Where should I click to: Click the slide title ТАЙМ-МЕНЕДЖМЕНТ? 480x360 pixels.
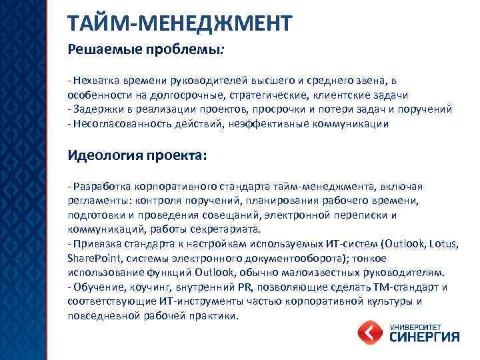(x=179, y=23)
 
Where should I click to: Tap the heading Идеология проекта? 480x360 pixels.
(x=137, y=155)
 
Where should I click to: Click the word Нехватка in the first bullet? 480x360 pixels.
(x=95, y=81)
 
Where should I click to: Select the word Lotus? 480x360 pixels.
(x=443, y=243)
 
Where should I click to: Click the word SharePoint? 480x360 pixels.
(x=91, y=258)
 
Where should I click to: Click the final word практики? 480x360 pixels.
(x=214, y=315)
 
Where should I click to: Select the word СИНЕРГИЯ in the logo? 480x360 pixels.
(x=423, y=337)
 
